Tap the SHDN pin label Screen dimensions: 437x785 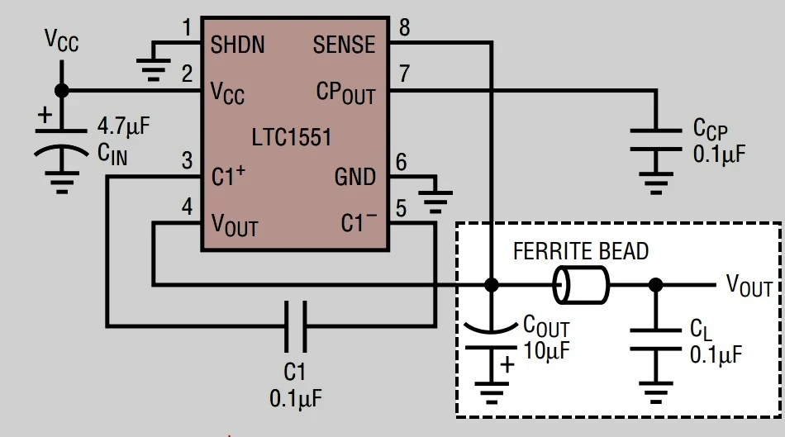(238, 44)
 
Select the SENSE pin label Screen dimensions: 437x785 (344, 45)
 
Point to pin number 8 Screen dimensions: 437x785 (404, 27)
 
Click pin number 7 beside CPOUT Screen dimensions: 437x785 (404, 73)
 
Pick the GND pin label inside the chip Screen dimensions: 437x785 (354, 177)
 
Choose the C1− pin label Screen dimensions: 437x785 (359, 223)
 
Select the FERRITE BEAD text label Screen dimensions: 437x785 (581, 251)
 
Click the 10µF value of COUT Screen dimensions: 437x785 (546, 349)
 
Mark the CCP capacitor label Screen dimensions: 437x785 (711, 129)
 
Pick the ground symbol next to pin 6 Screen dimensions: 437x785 (435, 199)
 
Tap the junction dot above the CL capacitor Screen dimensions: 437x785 (655, 285)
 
